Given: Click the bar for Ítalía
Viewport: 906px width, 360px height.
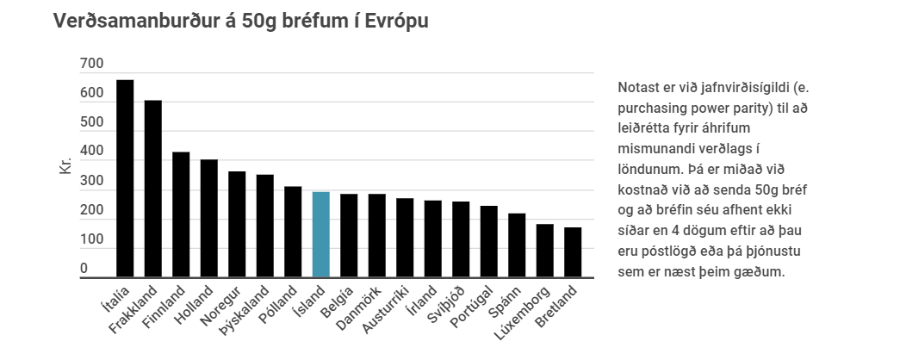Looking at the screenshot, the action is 125,178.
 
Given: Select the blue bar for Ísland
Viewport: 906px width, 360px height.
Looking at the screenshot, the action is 320,234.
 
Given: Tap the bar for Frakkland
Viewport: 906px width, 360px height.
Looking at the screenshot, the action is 152,189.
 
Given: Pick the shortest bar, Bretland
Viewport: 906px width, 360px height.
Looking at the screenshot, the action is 573,252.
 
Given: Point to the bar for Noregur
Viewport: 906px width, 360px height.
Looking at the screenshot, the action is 237,224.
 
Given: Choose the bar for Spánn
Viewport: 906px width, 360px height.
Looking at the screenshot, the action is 517,245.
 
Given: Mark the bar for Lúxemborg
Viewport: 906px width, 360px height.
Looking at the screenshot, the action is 545,251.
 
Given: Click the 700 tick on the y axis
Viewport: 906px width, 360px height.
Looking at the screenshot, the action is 92,64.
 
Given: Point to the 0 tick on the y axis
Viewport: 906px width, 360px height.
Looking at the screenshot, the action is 84,269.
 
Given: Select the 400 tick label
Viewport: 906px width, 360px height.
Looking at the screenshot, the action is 92,152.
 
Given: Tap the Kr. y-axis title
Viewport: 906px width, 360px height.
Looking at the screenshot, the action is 65,165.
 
